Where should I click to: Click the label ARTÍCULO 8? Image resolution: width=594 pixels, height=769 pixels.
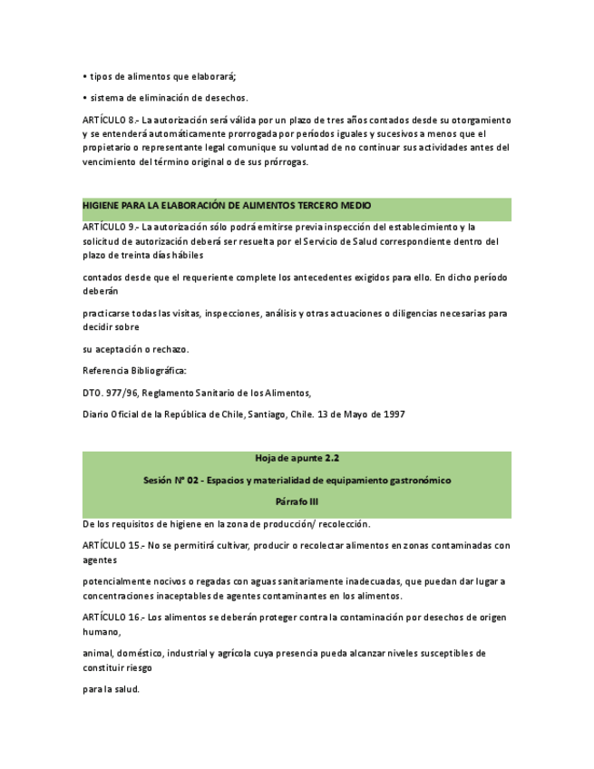(x=108, y=120)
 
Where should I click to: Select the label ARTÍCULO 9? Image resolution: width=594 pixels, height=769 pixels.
(x=108, y=227)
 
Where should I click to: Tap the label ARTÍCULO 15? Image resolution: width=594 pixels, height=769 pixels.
(x=111, y=545)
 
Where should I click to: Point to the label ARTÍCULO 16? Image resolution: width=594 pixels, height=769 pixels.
(x=111, y=617)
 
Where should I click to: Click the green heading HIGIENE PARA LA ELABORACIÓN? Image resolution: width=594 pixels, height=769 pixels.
(x=226, y=206)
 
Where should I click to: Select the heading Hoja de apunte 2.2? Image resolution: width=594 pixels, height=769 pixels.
(x=297, y=459)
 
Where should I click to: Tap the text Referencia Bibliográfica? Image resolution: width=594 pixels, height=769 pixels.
(x=133, y=371)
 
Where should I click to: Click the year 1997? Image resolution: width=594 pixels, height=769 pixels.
(x=394, y=414)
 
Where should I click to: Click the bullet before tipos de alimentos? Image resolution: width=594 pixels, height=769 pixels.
(x=84, y=76)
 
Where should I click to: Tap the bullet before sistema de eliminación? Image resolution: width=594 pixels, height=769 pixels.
(x=84, y=98)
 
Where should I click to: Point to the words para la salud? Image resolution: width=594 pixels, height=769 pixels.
(x=111, y=688)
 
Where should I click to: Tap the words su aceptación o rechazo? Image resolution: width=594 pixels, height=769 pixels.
(x=135, y=349)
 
